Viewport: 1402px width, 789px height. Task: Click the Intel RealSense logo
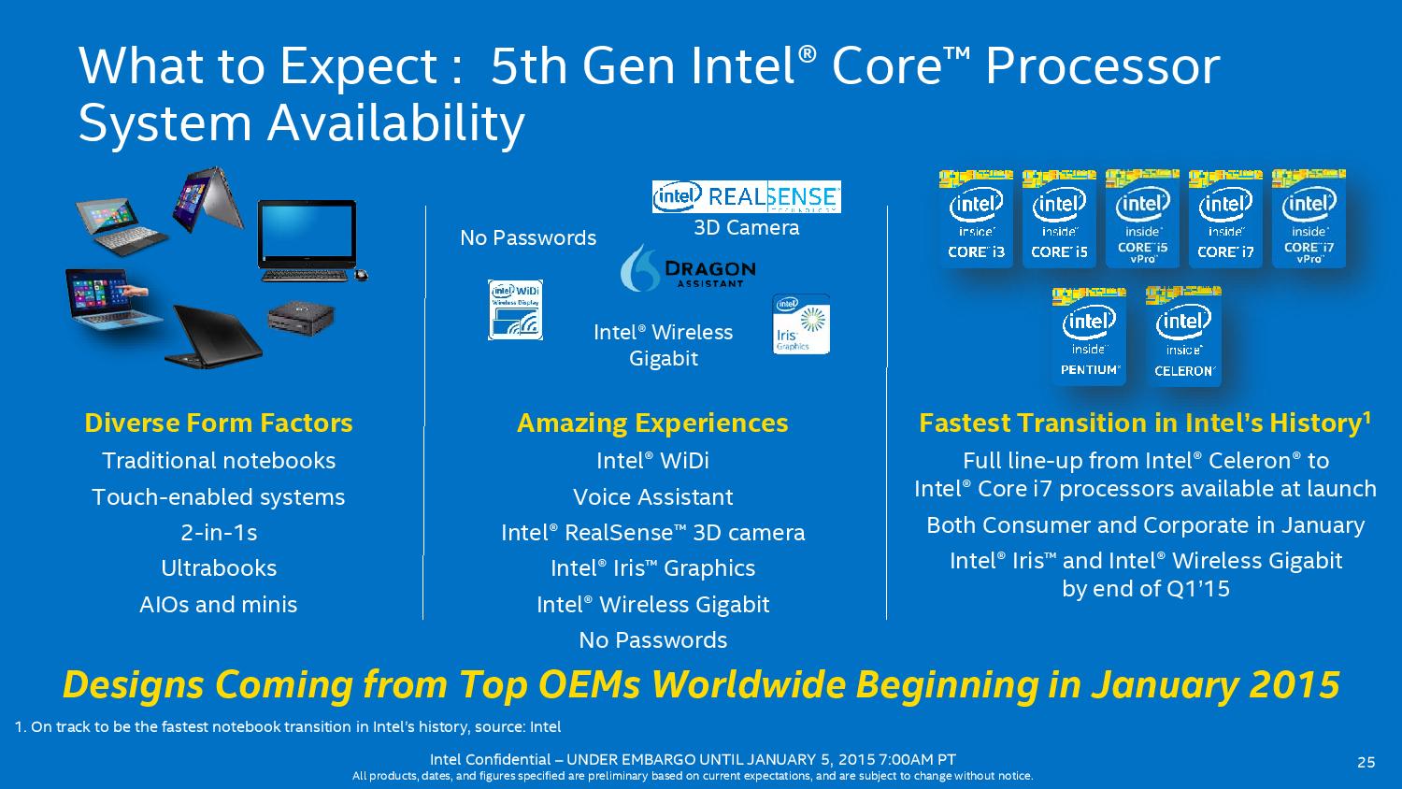(x=746, y=196)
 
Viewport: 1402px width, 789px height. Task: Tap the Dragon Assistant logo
(x=687, y=270)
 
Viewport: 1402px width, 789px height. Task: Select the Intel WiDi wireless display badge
(x=515, y=309)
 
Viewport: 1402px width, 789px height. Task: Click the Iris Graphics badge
(x=800, y=324)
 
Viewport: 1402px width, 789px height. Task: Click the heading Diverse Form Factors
(x=219, y=423)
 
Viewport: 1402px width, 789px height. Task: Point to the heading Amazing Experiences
(x=652, y=423)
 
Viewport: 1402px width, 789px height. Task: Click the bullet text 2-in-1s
(x=219, y=533)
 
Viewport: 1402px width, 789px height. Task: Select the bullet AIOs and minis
(x=219, y=605)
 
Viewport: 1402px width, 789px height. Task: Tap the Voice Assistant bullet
(x=652, y=497)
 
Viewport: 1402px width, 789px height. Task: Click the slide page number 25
(x=1366, y=762)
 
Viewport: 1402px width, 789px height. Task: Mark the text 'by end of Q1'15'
(x=1145, y=589)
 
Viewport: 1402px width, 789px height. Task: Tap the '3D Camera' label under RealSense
(x=746, y=228)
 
